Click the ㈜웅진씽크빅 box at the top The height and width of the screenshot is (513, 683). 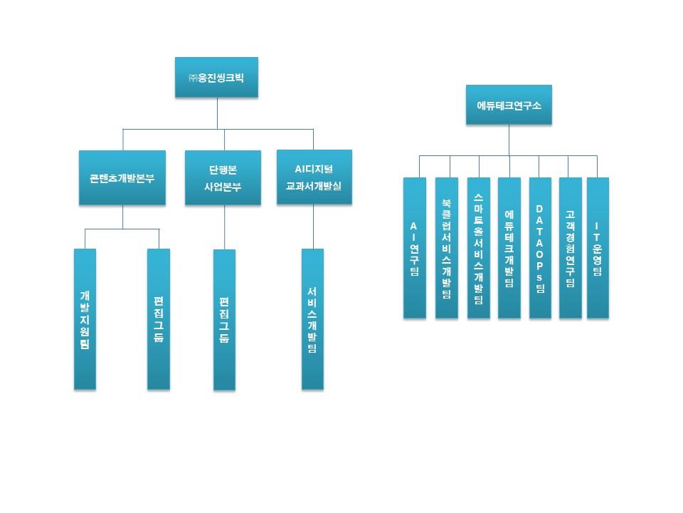[216, 77]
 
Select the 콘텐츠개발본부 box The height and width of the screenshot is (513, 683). [122, 178]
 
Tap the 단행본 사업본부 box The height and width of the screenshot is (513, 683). [224, 178]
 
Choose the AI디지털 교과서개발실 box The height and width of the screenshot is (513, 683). [314, 177]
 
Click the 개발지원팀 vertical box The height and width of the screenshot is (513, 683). [85, 319]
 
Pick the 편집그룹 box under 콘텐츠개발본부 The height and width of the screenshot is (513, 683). [159, 319]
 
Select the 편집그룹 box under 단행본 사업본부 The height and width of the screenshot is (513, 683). [224, 319]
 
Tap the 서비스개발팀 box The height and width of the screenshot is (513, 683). [312, 319]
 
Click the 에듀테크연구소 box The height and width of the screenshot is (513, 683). [509, 105]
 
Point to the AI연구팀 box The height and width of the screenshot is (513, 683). [414, 247]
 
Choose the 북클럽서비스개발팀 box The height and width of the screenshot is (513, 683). [446, 247]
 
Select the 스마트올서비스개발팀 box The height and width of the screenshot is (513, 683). [478, 247]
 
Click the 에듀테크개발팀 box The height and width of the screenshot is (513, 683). [509, 247]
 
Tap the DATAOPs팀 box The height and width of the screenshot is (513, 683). [540, 247]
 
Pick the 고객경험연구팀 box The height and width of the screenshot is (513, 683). [570, 247]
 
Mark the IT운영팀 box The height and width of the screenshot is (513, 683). [598, 247]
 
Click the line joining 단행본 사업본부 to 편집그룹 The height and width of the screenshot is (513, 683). [224, 227]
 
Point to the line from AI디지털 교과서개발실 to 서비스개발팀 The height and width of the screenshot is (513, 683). [313, 227]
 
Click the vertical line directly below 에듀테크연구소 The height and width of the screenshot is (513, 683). [509, 140]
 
